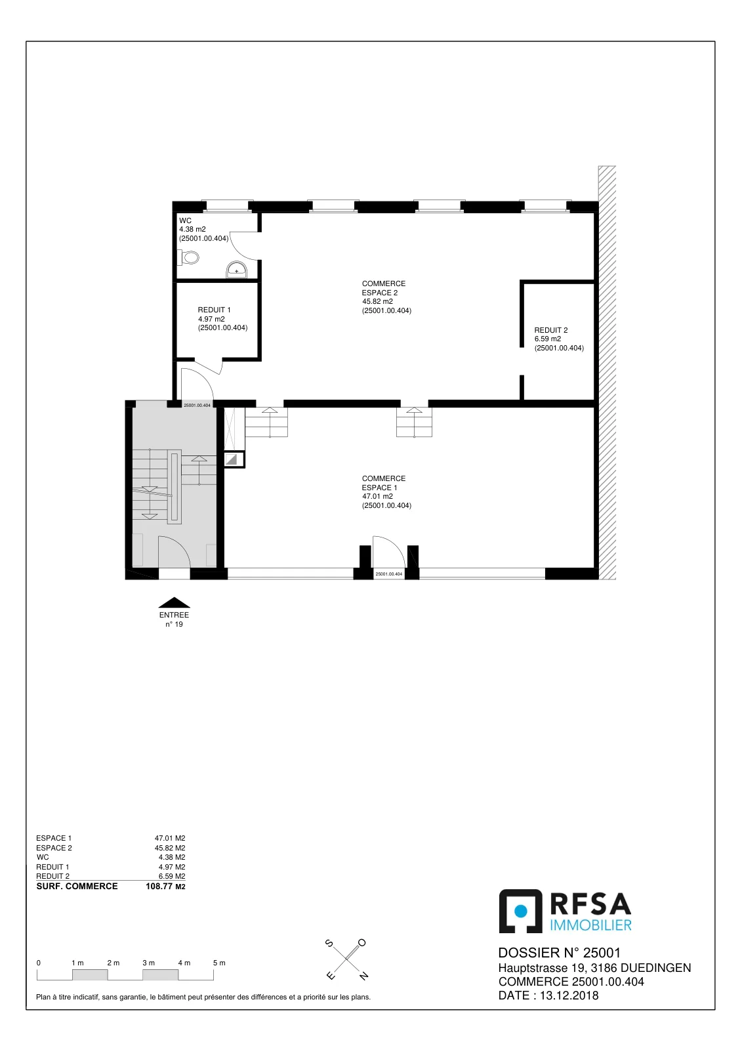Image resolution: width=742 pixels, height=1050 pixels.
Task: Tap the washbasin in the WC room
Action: (237, 270)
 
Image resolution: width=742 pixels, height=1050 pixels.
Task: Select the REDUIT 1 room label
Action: (215, 310)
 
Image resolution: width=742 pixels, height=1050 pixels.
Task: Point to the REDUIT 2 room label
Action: (550, 330)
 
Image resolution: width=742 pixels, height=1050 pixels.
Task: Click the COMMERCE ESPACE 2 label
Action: (383, 288)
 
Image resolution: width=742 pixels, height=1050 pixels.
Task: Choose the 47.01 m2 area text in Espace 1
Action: (377, 496)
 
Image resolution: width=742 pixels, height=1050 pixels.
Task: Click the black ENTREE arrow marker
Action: (174, 602)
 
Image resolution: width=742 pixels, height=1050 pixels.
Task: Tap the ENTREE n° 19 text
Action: (174, 619)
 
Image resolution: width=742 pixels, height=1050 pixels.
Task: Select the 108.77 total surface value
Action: (159, 886)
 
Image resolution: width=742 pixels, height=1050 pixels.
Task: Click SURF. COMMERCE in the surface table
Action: (77, 886)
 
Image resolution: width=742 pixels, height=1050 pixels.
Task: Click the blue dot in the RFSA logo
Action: (521, 910)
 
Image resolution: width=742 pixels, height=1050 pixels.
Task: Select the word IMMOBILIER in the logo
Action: (590, 925)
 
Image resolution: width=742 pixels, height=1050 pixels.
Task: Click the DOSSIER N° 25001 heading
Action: (559, 953)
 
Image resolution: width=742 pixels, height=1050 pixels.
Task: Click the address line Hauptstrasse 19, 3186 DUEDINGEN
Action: (594, 967)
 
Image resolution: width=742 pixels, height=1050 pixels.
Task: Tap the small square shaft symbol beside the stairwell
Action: (234, 459)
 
